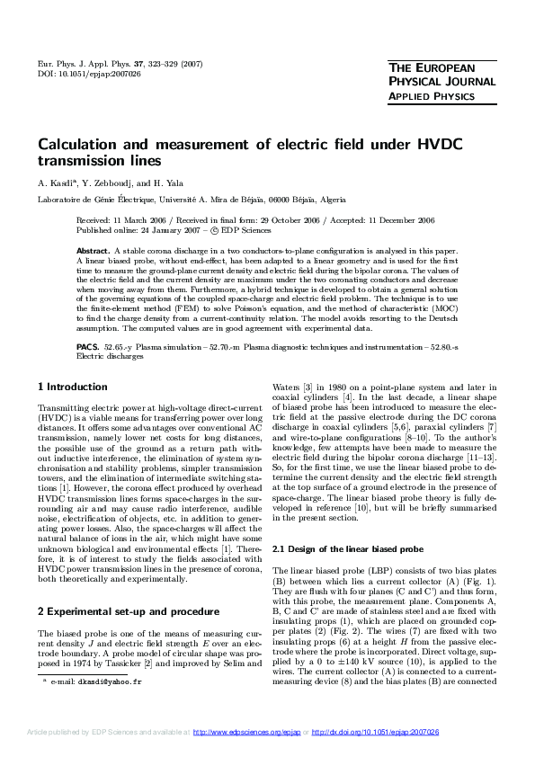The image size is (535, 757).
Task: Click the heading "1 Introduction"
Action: pyautogui.click(x=73, y=387)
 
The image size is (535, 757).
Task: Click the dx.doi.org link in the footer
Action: pyautogui.click(x=376, y=734)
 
